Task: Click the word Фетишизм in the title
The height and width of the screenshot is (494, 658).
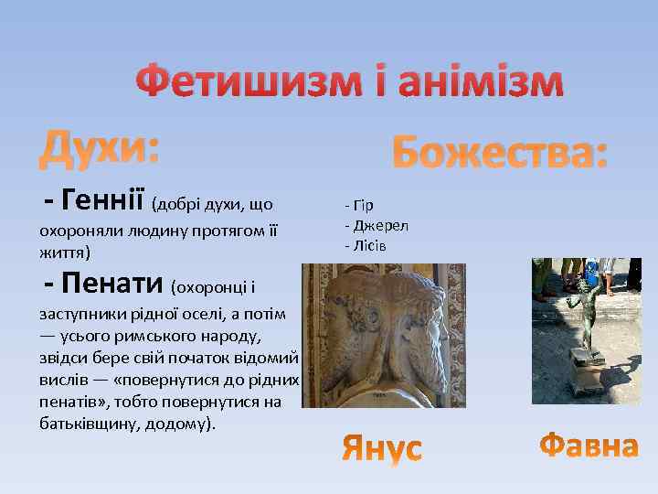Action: (245, 83)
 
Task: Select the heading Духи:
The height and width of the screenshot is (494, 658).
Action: (100, 147)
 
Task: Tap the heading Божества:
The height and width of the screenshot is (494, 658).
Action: (499, 151)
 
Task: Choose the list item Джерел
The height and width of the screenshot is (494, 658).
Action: (380, 225)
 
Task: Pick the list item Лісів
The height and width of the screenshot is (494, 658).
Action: (369, 245)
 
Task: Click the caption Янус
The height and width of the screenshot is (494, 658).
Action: (382, 447)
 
